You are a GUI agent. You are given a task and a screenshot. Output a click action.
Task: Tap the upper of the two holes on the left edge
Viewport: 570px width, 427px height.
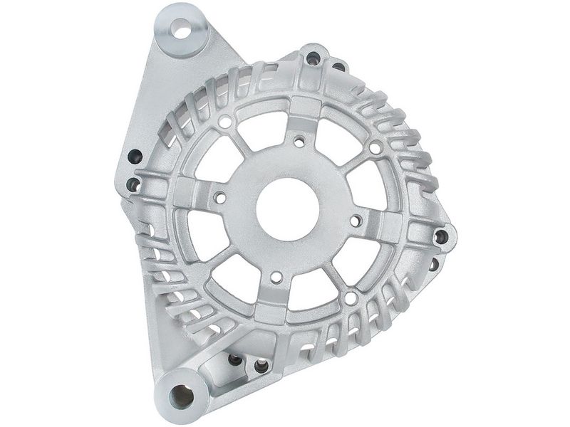click(135, 157)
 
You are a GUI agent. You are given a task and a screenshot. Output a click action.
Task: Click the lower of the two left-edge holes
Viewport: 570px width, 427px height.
click(133, 185)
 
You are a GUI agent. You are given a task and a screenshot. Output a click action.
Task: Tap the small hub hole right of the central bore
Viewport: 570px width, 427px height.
click(354, 221)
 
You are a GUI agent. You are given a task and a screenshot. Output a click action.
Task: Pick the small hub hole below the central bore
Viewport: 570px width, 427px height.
click(275, 277)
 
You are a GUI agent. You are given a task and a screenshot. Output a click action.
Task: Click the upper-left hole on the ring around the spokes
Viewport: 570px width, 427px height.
click(225, 122)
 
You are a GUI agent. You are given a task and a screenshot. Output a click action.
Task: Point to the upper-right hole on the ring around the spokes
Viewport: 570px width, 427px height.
click(374, 147)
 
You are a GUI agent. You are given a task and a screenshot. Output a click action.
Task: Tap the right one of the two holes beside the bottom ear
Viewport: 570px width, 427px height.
click(260, 367)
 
